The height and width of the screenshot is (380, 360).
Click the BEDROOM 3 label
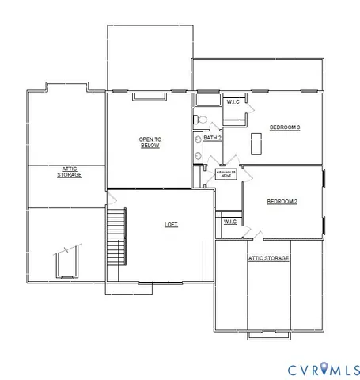(x=284, y=127)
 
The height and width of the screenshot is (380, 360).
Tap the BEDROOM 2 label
(x=282, y=202)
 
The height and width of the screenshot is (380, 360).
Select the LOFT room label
(x=171, y=224)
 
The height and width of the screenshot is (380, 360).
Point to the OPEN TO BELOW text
(x=150, y=142)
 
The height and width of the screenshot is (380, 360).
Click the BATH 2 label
(x=212, y=138)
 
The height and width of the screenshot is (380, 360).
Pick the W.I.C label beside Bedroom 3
(x=233, y=102)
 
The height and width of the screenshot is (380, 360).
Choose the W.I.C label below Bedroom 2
(x=229, y=222)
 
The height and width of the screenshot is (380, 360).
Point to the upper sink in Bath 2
(x=197, y=139)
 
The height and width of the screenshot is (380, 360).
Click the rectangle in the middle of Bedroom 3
(x=256, y=143)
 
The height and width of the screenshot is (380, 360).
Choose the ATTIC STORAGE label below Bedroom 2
(x=269, y=258)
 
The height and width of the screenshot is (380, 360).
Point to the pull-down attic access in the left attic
(x=66, y=262)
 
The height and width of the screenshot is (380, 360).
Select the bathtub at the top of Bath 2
(x=208, y=100)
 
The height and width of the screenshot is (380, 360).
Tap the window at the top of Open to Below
(x=148, y=97)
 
